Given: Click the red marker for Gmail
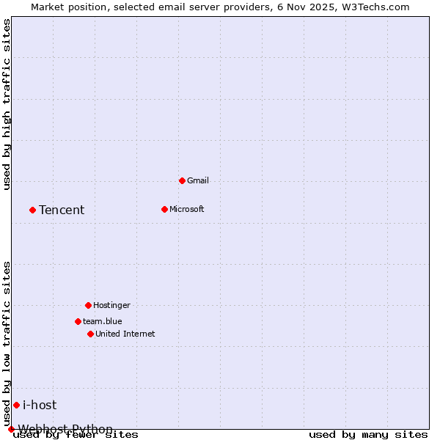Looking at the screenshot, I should (182, 180).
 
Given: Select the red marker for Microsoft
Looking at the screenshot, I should (164, 209).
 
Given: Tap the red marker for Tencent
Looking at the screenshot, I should (32, 210).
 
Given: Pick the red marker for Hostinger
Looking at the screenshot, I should (88, 305).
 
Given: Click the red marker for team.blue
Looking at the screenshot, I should (78, 321).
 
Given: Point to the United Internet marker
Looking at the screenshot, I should (90, 334).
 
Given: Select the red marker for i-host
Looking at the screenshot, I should (16, 405).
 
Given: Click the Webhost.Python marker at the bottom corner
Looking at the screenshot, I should (11, 429).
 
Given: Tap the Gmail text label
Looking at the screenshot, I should (198, 180).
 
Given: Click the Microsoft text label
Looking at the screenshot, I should (186, 209).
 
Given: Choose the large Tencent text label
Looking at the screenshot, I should (62, 210).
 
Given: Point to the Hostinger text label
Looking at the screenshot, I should (111, 305).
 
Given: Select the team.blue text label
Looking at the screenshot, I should (102, 321).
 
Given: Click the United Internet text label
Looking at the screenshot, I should (125, 334).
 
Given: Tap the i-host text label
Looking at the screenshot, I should (40, 405).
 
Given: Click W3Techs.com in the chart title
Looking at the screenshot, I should (374, 7).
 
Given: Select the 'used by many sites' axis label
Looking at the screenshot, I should (368, 434).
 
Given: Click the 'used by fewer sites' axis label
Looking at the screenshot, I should (76, 434).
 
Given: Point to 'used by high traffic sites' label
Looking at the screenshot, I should (7, 104).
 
